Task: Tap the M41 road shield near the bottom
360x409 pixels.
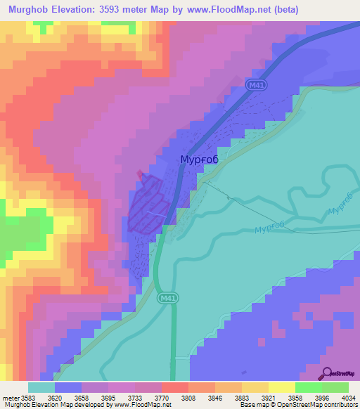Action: pos(166,297)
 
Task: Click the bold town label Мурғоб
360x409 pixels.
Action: pos(199,160)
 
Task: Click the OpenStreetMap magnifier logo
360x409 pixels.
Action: pos(326,373)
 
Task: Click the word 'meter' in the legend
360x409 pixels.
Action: pos(11,397)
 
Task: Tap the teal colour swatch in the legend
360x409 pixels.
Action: pos(41,387)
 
